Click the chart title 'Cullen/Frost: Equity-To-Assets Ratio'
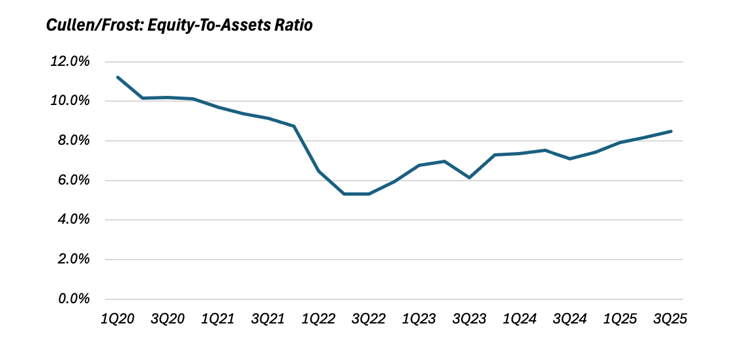tap(179, 26)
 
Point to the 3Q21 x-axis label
tap(268, 319)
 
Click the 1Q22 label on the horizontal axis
tap(318, 319)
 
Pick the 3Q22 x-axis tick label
tap(369, 319)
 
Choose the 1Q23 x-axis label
tap(419, 319)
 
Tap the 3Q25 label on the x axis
tap(671, 319)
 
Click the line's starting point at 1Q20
tap(117, 77)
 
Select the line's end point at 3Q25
tap(671, 131)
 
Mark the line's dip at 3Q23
tap(469, 177)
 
